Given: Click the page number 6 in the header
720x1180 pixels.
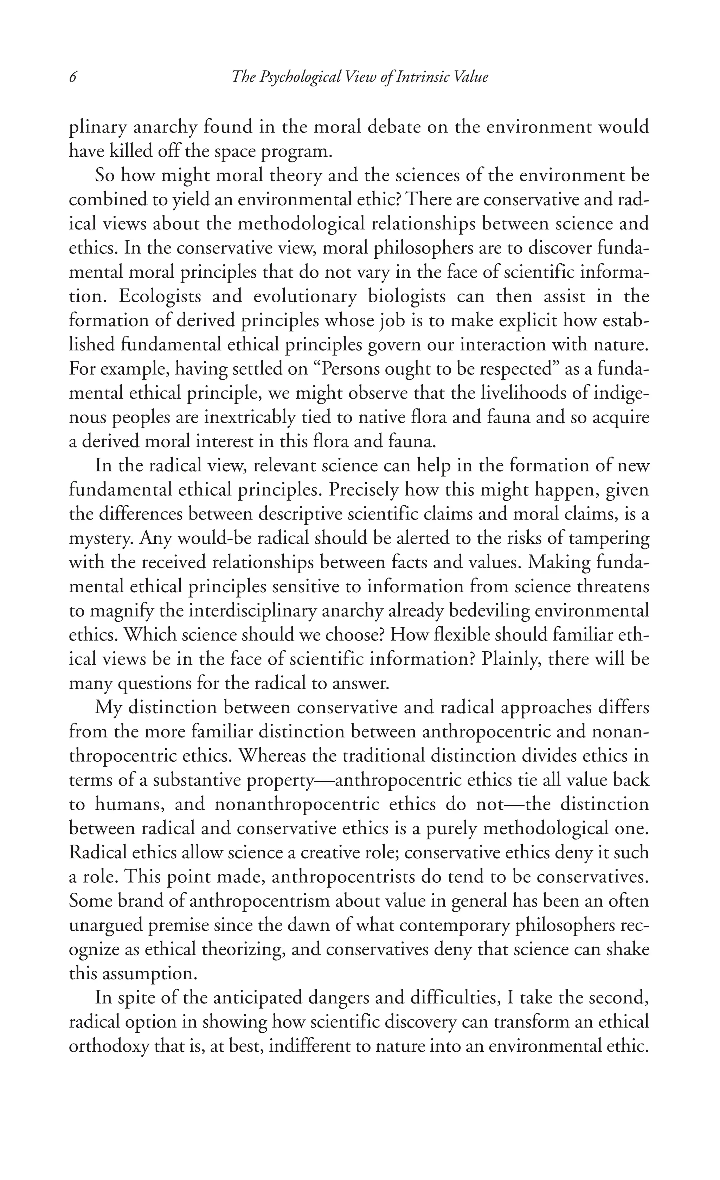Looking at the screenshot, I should pyautogui.click(x=73, y=77).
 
